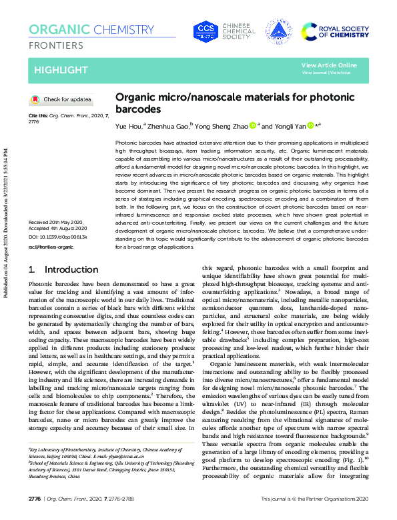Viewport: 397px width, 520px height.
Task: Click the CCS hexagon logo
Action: coord(206,31)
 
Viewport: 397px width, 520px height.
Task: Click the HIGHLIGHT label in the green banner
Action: coord(61,70)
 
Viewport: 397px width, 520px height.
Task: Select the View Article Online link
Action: coord(329,65)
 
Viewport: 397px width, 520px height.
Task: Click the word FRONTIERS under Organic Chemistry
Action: coord(56,45)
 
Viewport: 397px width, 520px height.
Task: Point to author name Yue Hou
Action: coord(128,126)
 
